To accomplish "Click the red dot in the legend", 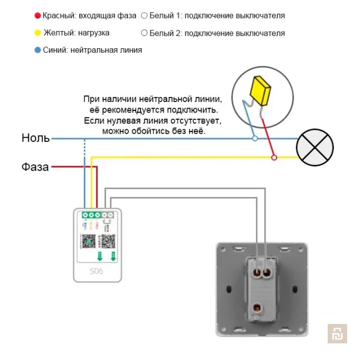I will click(x=37, y=16).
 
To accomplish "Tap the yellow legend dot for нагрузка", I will click(x=37, y=33).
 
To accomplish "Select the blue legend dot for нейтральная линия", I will click(x=37, y=50).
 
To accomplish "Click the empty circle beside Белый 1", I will click(x=144, y=16).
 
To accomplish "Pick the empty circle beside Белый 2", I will click(x=144, y=33).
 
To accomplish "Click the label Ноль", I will click(x=36, y=138).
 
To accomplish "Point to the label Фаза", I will click(x=36, y=166).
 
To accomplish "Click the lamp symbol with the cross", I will click(x=315, y=148).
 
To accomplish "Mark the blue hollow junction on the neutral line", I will click(x=255, y=138).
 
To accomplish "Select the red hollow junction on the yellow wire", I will click(x=273, y=158).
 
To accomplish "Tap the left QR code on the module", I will click(x=87, y=241).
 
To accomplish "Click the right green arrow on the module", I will click(x=113, y=256).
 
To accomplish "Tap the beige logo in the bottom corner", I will click(x=337, y=333).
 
